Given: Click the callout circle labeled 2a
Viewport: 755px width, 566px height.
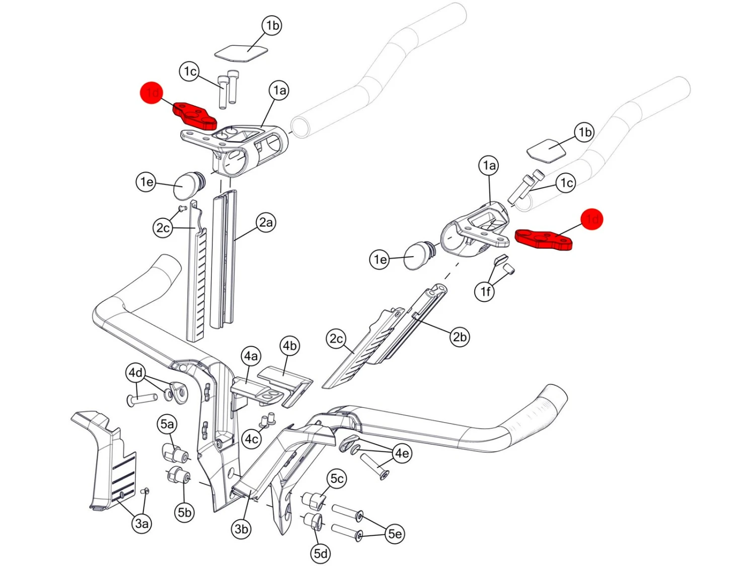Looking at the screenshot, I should pos(266,222).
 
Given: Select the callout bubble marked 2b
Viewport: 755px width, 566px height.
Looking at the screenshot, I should pos(459,337).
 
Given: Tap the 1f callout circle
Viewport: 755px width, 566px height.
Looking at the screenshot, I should pos(485,291).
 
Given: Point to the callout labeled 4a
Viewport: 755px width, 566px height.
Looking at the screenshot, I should pos(251,357).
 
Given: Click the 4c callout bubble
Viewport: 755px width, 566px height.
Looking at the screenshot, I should pos(252,439).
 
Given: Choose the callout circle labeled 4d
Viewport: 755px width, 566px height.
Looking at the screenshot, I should pos(135,373).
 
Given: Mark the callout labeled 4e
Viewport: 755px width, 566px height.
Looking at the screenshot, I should pos(402,453).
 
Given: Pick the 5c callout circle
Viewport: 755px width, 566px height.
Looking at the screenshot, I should pos(337,478).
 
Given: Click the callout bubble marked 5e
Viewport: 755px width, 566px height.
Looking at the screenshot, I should pos(395,533).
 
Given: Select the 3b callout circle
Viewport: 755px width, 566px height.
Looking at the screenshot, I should pos(242,529).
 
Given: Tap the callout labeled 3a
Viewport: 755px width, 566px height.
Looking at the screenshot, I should pos(142,524).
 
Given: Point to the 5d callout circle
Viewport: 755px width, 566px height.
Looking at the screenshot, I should pos(321,553).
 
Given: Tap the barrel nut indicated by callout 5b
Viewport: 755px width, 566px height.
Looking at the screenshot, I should pos(178,474).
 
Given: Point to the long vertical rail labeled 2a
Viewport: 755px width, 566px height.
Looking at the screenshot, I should pos(223,262).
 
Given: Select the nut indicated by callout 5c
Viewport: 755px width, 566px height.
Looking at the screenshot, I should pos(315,501).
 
